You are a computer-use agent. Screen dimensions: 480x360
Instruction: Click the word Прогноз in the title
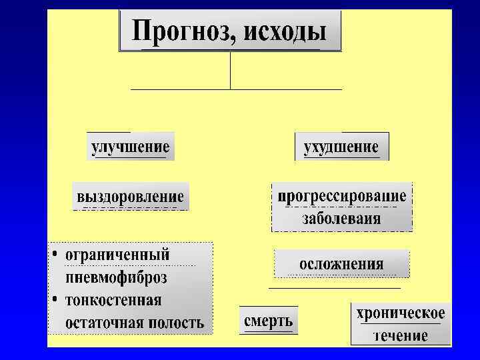coord(178,31)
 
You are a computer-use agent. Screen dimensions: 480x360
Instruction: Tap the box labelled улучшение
coord(130,146)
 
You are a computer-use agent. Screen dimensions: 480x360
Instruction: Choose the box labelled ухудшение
coord(341,146)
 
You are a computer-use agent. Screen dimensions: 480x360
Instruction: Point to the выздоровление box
coord(131,197)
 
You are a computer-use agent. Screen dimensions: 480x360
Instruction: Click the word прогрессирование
coord(341,197)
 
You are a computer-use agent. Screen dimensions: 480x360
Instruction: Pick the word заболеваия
coord(341,218)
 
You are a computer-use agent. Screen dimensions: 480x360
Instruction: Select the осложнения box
coord(341,263)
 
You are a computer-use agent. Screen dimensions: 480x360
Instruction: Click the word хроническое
coord(400,313)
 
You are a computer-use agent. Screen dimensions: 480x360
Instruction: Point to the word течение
coord(400,335)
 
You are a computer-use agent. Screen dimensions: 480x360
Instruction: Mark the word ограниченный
coord(117,255)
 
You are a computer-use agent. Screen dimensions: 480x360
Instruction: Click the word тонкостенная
coord(114,299)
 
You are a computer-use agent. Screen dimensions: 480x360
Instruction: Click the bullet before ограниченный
coord(55,255)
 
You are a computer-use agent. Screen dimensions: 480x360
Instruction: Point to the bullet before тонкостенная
coord(55,299)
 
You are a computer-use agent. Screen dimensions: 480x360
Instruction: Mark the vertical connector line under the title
coord(230,70)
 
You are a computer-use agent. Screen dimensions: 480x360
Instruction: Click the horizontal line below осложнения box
coord(334,288)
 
